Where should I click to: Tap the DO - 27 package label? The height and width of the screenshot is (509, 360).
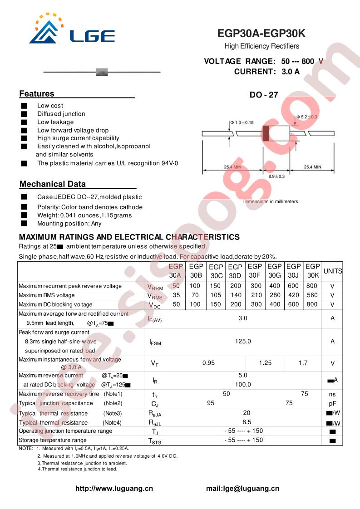(x=263, y=95)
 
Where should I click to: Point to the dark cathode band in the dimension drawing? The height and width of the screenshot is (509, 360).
(x=266, y=133)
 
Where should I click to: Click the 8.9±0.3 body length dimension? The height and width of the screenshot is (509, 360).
(x=276, y=176)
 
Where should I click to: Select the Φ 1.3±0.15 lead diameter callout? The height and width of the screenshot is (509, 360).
(x=242, y=122)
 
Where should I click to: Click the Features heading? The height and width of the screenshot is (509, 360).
(x=37, y=94)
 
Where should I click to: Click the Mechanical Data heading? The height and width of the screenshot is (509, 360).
(x=52, y=184)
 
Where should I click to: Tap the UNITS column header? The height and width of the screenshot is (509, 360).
(x=332, y=271)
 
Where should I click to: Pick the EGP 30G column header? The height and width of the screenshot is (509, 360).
(x=274, y=271)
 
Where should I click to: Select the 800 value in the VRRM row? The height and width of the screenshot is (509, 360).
(x=312, y=286)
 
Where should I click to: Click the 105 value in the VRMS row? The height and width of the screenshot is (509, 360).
(x=216, y=295)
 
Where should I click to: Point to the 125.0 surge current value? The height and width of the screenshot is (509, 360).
(x=243, y=341)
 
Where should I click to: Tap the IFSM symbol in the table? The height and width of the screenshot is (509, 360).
(x=155, y=342)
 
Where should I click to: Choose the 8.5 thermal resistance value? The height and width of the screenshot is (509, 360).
(x=243, y=422)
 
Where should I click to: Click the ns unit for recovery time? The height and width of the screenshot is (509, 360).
(x=332, y=394)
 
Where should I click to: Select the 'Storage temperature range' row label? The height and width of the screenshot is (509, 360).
(x=53, y=440)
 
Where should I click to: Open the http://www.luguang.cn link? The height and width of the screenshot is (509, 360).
(x=113, y=489)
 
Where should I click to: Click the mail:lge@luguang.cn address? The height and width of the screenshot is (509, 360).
(x=242, y=489)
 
